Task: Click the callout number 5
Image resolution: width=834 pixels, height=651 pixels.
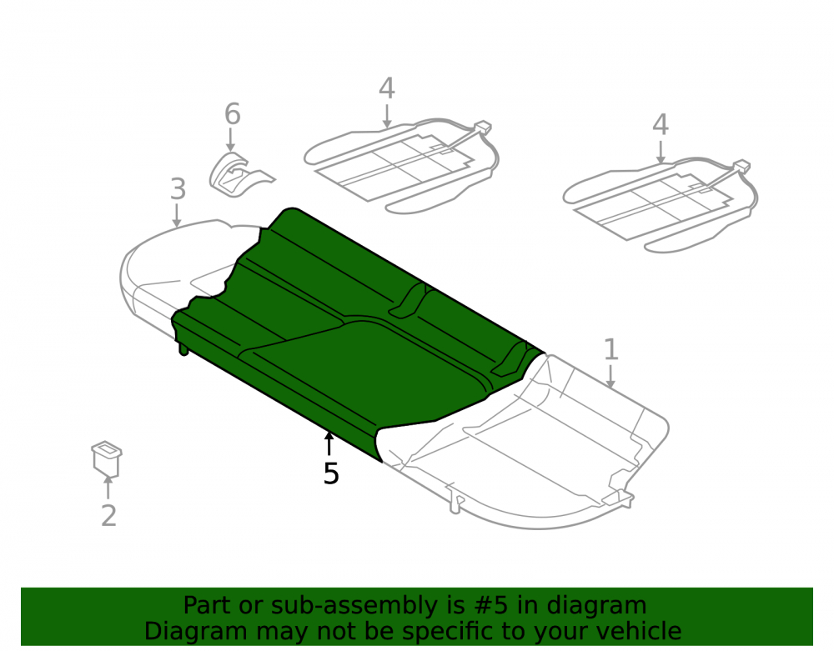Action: (331, 473)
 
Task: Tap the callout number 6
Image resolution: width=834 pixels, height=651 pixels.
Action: (233, 113)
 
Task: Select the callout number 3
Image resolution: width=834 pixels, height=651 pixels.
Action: (178, 189)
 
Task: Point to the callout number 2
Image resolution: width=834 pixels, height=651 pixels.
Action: (108, 515)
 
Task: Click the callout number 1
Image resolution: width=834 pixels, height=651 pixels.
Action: (611, 350)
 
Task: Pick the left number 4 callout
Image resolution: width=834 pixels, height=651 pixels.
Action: (387, 88)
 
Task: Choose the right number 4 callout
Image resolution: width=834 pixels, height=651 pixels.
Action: (660, 125)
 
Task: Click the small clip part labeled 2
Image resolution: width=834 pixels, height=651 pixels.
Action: (107, 458)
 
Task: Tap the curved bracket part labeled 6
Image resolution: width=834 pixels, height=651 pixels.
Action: (239, 174)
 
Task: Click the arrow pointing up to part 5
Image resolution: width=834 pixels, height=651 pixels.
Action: (329, 444)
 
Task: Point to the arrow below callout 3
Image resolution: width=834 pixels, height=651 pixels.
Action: (177, 216)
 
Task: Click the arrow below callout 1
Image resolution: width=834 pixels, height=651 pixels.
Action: (610, 376)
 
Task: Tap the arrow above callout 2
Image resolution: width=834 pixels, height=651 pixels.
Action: (108, 488)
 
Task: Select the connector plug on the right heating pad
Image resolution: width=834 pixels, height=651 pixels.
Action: (742, 166)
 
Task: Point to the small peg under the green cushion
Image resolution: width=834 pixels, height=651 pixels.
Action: (183, 349)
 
